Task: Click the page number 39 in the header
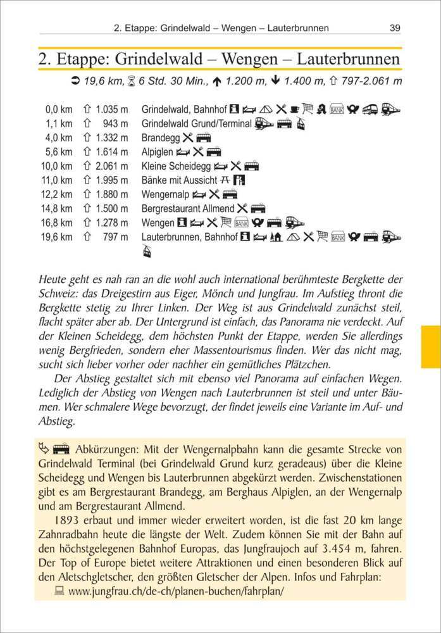(395, 28)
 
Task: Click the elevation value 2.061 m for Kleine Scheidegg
(112, 166)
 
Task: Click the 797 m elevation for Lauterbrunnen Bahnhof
(115, 237)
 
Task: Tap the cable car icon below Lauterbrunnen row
(147, 251)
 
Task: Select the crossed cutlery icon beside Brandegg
(188, 137)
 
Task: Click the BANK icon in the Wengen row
(240, 223)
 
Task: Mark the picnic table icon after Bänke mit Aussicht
(223, 180)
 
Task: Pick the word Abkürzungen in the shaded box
(104, 449)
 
